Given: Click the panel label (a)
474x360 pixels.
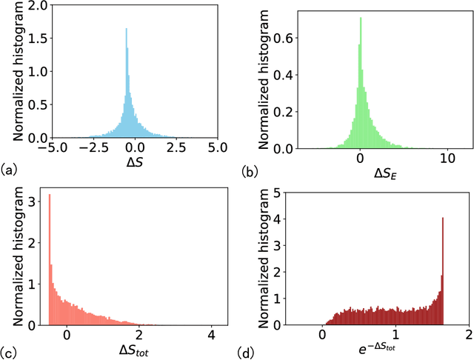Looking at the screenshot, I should click(10, 171).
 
